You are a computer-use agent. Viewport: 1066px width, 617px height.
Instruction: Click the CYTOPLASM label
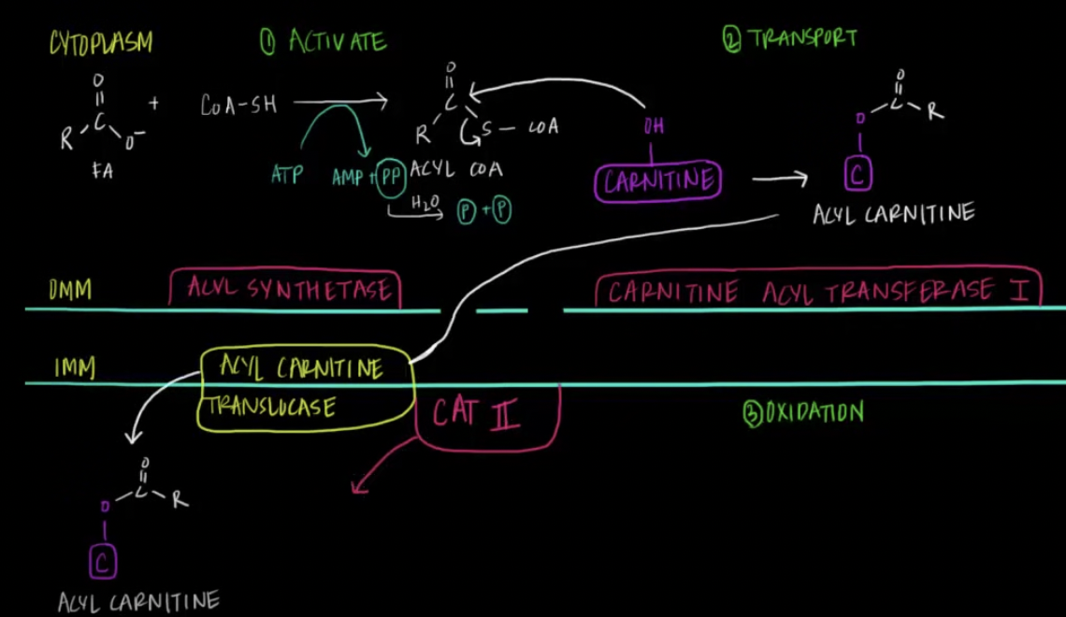click(102, 42)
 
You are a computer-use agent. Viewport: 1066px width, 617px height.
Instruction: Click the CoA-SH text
click(238, 104)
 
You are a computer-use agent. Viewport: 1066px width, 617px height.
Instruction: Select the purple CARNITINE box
click(658, 180)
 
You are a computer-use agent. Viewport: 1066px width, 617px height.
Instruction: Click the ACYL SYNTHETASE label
click(285, 289)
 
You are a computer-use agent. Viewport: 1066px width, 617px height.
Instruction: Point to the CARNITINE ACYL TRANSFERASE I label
click(817, 291)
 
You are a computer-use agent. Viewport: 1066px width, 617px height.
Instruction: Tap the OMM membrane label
click(71, 291)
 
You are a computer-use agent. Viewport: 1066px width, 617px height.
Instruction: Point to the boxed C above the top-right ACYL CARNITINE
click(858, 175)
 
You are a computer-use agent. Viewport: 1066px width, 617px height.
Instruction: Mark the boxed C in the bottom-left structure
click(103, 562)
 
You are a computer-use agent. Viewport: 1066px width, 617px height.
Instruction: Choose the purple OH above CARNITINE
click(654, 127)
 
